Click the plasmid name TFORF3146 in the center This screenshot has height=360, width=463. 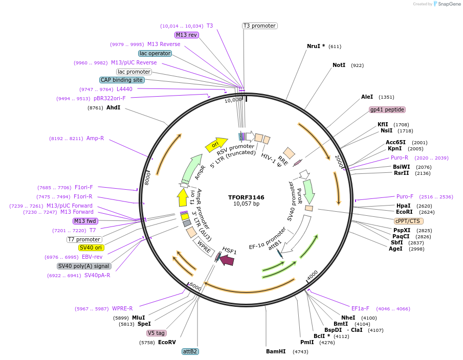coord(246,197)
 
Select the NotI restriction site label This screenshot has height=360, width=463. coord(339,65)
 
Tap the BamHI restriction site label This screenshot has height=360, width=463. coord(276,351)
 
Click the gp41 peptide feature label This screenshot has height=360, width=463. coord(387,109)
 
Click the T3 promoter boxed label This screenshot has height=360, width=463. coord(259,26)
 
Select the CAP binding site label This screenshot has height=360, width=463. coord(122,80)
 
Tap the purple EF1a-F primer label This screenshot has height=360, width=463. coord(360,308)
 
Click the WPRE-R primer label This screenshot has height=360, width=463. coord(122,308)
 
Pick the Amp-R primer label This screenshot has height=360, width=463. coord(95,138)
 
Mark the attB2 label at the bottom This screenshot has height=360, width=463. coord(190,351)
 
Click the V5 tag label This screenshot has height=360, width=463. coord(157,333)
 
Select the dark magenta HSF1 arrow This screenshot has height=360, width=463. coord(227,260)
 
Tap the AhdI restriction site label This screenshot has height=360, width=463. coord(113,108)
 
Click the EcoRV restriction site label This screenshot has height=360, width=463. coord(167,342)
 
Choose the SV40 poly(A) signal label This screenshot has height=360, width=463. coord(83,266)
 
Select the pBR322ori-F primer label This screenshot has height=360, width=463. coord(109,98)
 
